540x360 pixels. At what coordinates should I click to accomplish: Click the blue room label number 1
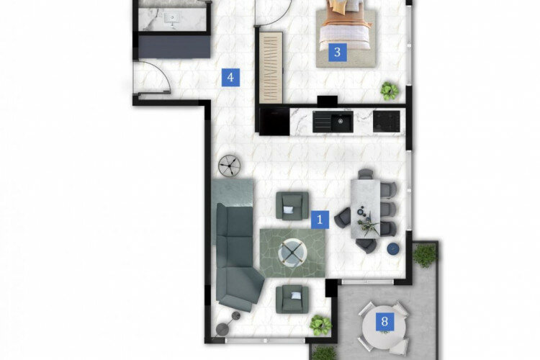(x=320, y=219)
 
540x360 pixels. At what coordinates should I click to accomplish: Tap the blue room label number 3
(x=337, y=53)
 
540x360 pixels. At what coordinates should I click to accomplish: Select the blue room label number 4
(x=230, y=77)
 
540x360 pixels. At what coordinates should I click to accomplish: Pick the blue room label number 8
(x=384, y=321)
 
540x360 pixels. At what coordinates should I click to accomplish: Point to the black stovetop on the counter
(x=387, y=121)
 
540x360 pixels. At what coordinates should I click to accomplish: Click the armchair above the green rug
(x=292, y=206)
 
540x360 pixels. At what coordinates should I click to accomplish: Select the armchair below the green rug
(x=292, y=299)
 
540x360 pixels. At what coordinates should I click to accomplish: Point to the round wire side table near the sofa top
(x=230, y=166)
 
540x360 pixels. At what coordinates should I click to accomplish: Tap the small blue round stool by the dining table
(x=393, y=248)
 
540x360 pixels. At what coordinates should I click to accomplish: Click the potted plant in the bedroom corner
(x=390, y=91)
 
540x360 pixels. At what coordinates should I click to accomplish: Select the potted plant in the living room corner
(x=320, y=325)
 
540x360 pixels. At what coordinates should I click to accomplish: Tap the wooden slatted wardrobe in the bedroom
(x=271, y=68)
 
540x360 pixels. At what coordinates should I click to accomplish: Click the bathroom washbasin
(x=171, y=19)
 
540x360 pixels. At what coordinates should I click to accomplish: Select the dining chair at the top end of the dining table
(x=365, y=174)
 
